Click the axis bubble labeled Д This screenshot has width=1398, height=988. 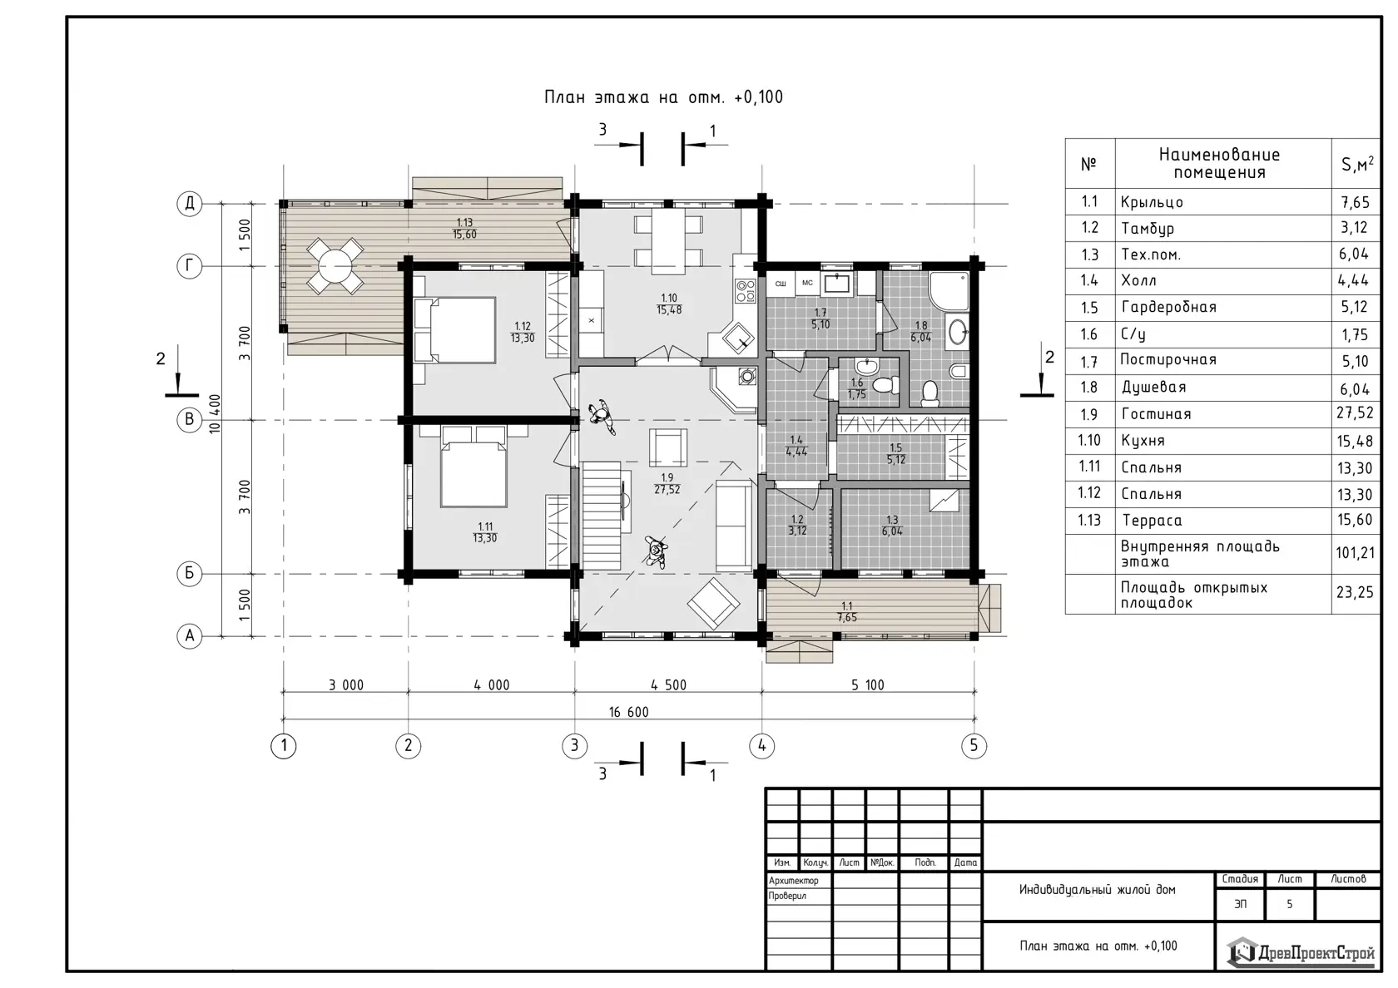coord(190,203)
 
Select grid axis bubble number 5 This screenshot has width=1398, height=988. coord(974,745)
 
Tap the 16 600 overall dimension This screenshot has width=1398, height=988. coord(628,712)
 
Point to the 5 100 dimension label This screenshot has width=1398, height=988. coord(867,685)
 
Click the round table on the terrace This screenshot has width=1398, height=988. coord(335,266)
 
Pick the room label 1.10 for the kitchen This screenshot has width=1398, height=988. coord(669,298)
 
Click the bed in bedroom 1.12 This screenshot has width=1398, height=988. coord(454,330)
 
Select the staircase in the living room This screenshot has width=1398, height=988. coord(602,516)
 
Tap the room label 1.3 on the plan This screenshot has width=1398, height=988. coord(892,520)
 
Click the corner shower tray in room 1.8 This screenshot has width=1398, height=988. coord(949,291)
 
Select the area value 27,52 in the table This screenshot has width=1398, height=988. coord(1355,412)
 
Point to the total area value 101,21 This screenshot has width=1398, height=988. coord(1356,552)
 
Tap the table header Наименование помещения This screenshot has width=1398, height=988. coord(1219,163)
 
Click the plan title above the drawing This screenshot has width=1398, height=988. coord(663,97)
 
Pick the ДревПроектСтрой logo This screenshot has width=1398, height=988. coord(1301,951)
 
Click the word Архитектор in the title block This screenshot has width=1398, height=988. coord(793,881)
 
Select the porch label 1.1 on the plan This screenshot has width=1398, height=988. coord(847,605)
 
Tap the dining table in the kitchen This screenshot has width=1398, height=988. coord(667,241)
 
